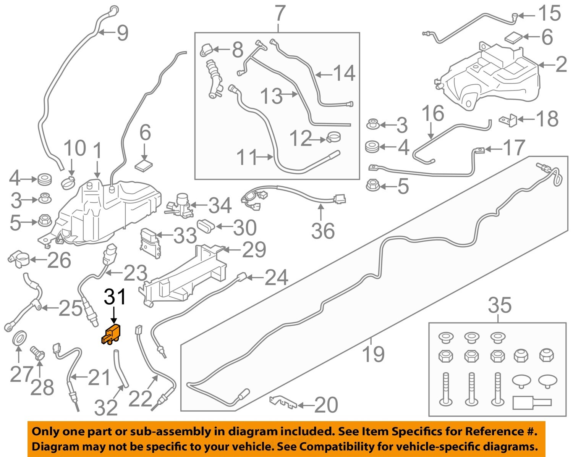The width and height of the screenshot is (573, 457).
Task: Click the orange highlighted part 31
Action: point(111,334)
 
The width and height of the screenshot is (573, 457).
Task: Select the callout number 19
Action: point(373,354)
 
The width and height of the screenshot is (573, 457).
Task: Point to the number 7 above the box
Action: point(280,14)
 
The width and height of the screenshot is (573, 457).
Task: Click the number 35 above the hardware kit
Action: point(499,305)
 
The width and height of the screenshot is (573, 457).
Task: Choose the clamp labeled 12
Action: point(334,138)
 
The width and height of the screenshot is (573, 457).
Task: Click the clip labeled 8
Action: point(207,49)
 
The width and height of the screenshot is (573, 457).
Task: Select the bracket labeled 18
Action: point(508,120)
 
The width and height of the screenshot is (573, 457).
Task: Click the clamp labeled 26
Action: point(19,259)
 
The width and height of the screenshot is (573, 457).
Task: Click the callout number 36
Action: point(323,231)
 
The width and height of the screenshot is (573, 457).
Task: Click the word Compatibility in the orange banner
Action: point(337,446)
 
